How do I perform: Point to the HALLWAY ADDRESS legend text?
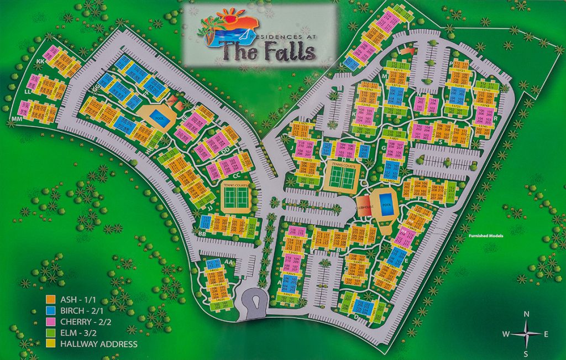pyautogui.click(x=98, y=344)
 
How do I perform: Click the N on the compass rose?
pyautogui.click(x=527, y=315)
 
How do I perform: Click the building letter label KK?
pyautogui.click(x=40, y=61)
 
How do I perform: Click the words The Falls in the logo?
pyautogui.click(x=268, y=51)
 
